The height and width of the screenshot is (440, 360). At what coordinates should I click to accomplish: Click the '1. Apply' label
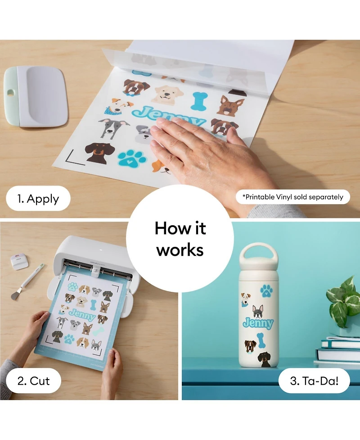click(x=38, y=199)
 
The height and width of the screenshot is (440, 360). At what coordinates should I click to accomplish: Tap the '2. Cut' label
click(x=33, y=381)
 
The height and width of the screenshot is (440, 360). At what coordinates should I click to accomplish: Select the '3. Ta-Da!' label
click(x=314, y=381)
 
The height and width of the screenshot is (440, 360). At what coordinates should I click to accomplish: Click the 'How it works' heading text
click(x=180, y=239)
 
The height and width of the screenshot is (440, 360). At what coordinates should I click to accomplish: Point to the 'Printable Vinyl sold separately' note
click(x=292, y=197)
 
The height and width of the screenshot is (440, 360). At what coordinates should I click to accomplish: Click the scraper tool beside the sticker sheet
click(x=36, y=96)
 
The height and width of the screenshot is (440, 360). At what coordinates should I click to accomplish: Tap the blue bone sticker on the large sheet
click(x=199, y=100)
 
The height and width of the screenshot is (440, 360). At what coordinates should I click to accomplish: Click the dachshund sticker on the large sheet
click(x=99, y=152)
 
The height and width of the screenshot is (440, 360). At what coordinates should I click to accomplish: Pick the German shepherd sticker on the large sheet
click(x=231, y=106)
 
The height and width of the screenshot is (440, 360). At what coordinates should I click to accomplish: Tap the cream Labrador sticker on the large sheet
click(x=167, y=95)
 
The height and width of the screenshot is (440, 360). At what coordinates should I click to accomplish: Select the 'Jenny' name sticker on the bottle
click(x=258, y=323)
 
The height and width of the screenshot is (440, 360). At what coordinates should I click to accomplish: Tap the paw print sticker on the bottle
click(x=266, y=291)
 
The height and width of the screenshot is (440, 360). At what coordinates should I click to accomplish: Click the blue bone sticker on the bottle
click(x=261, y=340)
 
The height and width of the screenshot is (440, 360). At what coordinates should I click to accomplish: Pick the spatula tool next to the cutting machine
click(x=27, y=281)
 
